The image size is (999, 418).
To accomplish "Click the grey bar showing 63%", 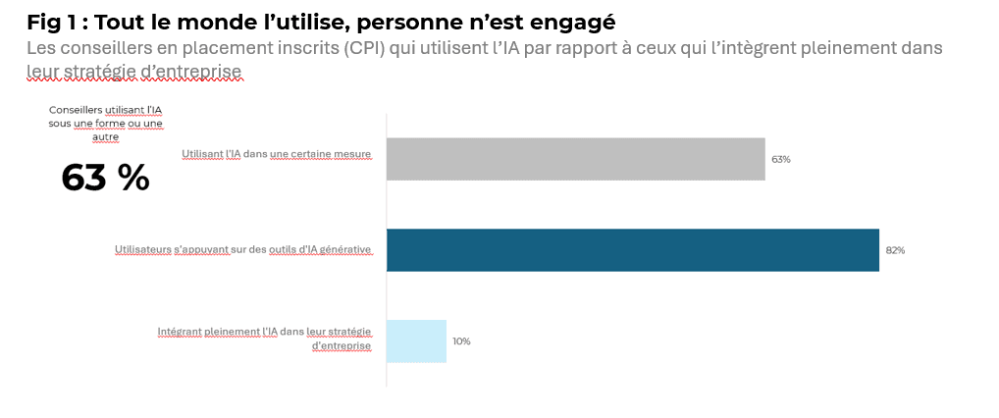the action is (x=575, y=159).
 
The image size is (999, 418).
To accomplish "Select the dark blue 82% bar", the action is (x=633, y=250).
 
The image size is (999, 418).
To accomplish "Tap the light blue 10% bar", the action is (x=417, y=340).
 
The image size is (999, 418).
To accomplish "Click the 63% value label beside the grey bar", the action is (x=780, y=159).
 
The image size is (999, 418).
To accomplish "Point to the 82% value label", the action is (x=895, y=250).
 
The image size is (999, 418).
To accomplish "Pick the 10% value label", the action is (x=461, y=341).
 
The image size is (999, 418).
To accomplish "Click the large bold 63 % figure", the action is (x=105, y=178).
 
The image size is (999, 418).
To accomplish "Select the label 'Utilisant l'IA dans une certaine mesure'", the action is (x=276, y=154).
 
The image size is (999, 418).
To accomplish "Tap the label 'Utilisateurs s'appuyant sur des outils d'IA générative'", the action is (x=242, y=250).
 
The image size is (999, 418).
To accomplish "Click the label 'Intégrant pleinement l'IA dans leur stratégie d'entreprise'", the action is (x=264, y=339).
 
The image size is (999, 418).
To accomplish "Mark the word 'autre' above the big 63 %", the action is (x=106, y=136).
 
